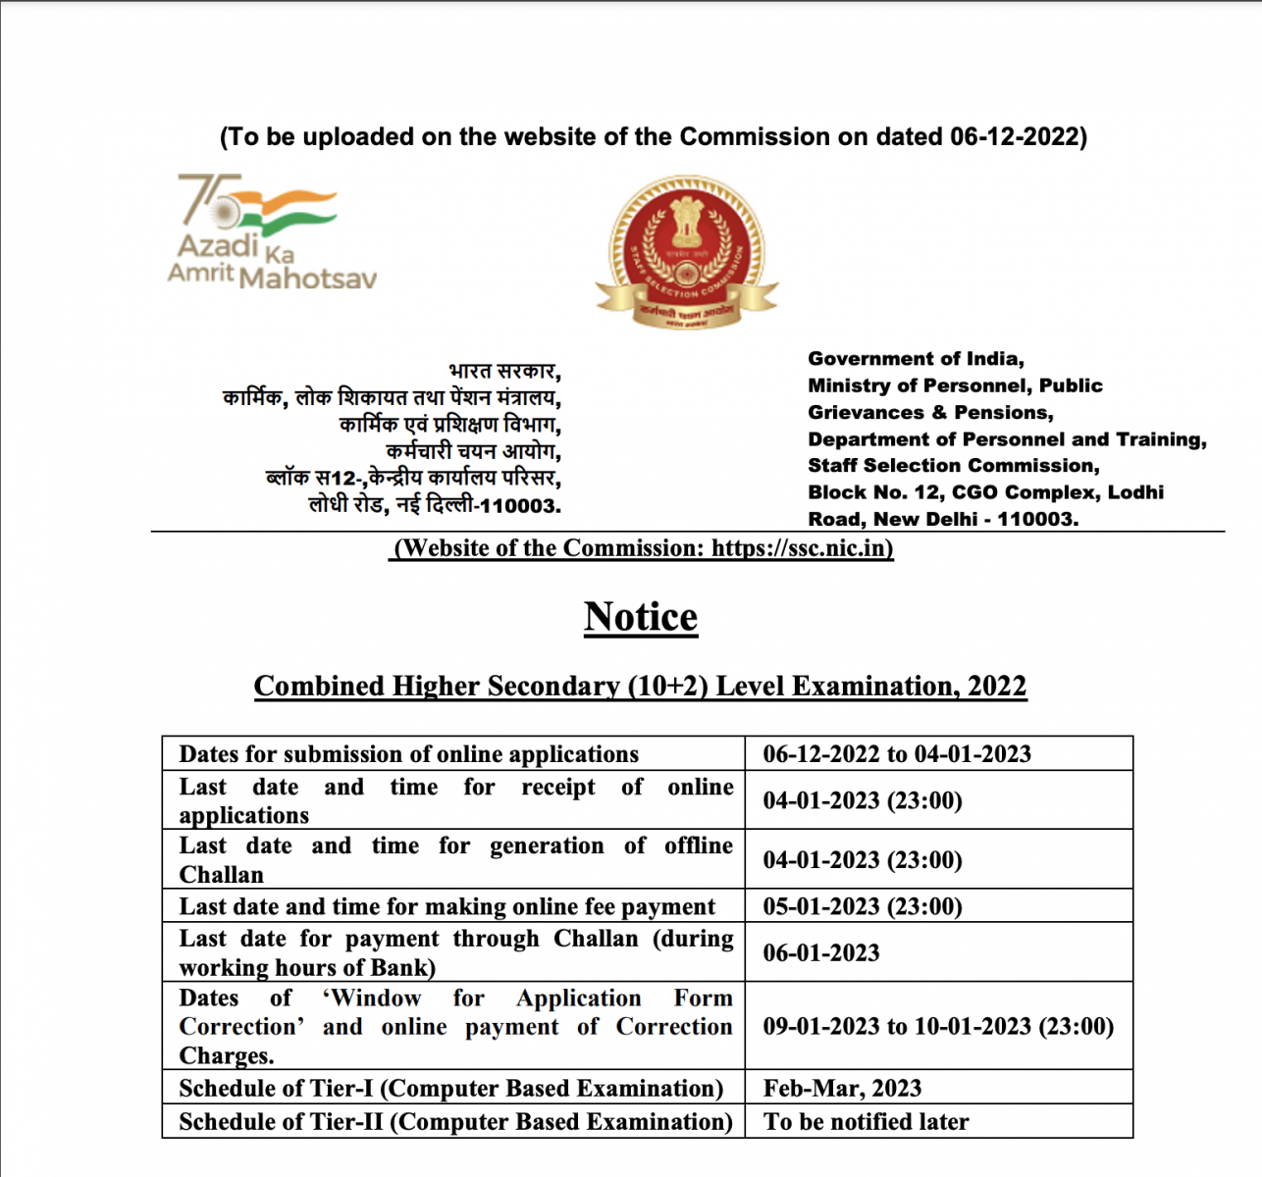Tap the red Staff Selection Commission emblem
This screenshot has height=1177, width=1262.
click(x=686, y=251)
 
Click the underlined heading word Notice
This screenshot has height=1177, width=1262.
click(x=641, y=617)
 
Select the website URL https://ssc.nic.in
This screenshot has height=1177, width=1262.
click(x=801, y=547)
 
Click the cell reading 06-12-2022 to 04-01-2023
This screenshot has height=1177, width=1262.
click(x=897, y=753)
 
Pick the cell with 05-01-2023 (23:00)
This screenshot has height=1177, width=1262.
click(x=863, y=905)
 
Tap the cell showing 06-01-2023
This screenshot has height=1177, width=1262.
click(x=821, y=952)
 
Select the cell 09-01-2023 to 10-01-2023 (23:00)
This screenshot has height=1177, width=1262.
click(x=938, y=1026)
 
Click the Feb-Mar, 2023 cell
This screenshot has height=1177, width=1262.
click(x=842, y=1088)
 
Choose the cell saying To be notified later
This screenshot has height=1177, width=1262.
click(x=866, y=1121)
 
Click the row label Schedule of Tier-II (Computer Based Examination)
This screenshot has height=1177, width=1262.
click(x=455, y=1121)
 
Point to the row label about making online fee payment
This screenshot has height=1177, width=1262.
click(x=447, y=906)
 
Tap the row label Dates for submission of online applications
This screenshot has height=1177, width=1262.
click(x=408, y=753)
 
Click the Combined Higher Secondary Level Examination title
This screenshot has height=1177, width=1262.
click(x=640, y=686)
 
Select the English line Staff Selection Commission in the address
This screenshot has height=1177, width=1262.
click(x=953, y=466)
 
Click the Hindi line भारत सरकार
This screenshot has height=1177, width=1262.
click(x=503, y=372)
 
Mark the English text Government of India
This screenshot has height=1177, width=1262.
click(x=916, y=359)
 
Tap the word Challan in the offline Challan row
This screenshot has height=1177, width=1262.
click(x=221, y=874)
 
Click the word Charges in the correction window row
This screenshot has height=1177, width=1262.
click(x=226, y=1055)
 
